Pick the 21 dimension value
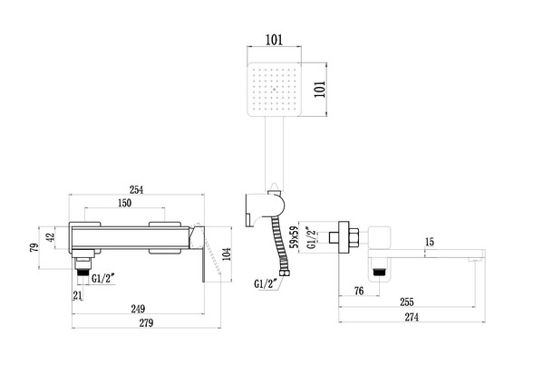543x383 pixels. pyautogui.click(x=79, y=296)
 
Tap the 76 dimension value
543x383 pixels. pyautogui.click(x=359, y=290)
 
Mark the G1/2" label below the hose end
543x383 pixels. pyautogui.click(x=266, y=285)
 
